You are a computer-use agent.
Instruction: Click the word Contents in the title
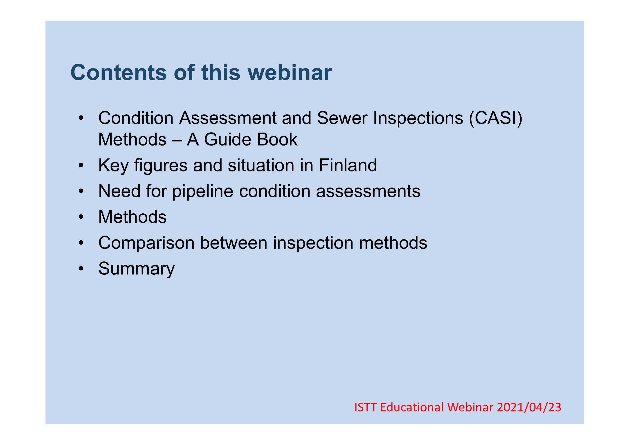118,73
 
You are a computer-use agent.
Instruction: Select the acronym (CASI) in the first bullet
496,118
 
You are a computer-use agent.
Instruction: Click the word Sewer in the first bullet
342,118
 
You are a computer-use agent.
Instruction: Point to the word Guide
227,139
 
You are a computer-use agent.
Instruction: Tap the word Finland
348,165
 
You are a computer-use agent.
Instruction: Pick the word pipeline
203,191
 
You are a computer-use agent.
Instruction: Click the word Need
119,191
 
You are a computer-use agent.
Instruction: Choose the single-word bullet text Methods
133,217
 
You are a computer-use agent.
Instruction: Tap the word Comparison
147,243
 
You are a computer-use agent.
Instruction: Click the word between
234,243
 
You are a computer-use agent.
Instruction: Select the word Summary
136,269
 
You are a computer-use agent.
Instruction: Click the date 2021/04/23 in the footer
529,407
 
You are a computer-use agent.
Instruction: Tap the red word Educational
412,407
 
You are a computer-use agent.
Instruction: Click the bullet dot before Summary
81,269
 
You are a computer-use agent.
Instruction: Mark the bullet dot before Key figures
81,166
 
